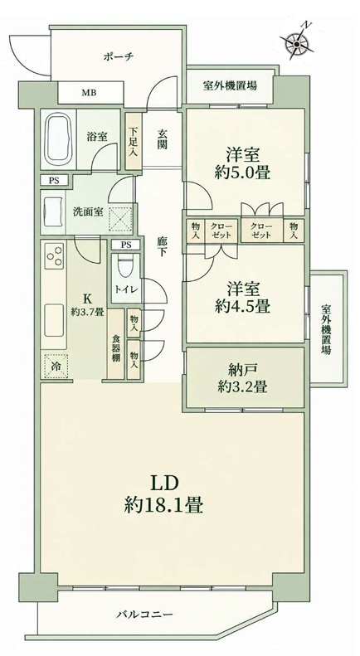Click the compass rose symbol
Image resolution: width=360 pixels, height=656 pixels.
297,41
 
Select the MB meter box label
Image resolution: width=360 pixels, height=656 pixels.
88,92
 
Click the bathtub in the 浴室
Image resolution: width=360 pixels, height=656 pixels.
59,139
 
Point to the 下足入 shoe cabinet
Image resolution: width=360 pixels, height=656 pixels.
133,142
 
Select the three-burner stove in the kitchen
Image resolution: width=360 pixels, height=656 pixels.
55,255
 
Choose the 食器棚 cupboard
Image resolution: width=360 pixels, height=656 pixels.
116,343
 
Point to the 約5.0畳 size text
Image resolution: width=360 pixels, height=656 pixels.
241,172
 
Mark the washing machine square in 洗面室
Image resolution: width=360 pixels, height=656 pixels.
120,217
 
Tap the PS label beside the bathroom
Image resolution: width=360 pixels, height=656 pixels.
54,180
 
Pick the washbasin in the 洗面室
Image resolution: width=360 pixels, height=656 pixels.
52,212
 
